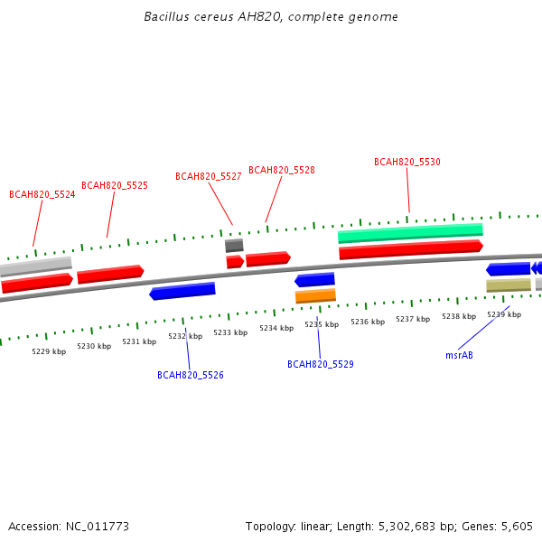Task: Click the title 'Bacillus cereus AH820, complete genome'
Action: click(x=271, y=17)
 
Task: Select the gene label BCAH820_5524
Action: click(x=42, y=194)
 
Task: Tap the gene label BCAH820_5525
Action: click(x=115, y=185)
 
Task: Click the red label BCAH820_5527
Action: click(x=209, y=177)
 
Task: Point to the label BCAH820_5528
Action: click(x=282, y=170)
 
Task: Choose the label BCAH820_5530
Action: click(x=407, y=162)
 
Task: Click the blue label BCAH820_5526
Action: click(x=191, y=375)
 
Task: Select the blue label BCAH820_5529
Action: click(x=321, y=364)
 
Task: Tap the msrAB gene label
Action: click(x=459, y=355)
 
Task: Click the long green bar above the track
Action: click(x=410, y=233)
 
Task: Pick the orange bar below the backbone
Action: click(x=315, y=296)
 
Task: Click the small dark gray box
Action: click(x=234, y=246)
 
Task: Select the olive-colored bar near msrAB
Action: click(x=509, y=285)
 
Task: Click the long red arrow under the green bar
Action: click(x=411, y=249)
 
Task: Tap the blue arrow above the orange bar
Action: click(x=314, y=280)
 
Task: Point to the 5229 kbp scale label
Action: click(x=49, y=351)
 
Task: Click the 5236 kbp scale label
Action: click(x=368, y=322)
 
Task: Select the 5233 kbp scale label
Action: click(x=230, y=332)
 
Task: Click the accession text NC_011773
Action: click(x=98, y=527)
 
